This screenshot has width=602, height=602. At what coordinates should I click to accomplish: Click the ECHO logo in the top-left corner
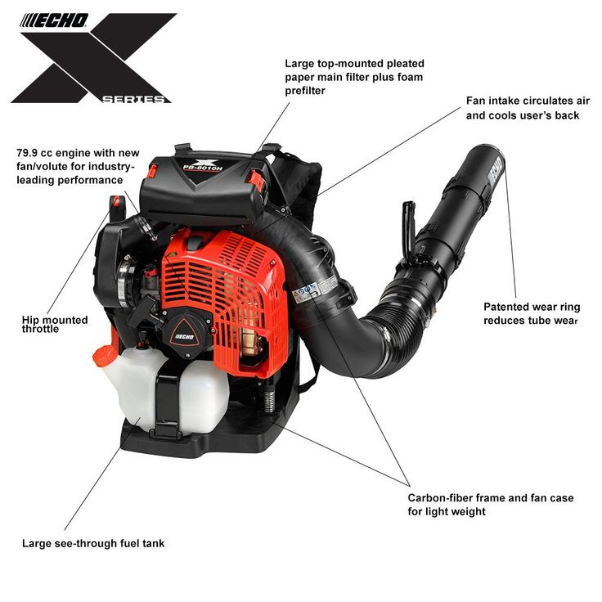(x=54, y=20)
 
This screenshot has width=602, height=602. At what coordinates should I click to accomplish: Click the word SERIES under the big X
(x=133, y=100)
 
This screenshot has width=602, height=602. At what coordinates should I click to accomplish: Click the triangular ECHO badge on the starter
(x=185, y=333)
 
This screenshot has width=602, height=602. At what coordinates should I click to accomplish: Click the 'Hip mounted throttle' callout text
(x=55, y=325)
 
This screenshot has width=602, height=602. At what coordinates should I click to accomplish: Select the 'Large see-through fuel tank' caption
(x=93, y=543)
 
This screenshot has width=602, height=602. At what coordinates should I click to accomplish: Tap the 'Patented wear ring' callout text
(x=532, y=307)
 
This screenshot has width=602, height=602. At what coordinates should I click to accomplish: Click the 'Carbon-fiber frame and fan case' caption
(x=491, y=497)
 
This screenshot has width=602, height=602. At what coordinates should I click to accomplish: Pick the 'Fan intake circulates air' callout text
(x=528, y=101)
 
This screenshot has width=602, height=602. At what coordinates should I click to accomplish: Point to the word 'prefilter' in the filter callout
(x=305, y=91)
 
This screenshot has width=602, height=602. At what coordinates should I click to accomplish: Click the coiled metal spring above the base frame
(x=270, y=398)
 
